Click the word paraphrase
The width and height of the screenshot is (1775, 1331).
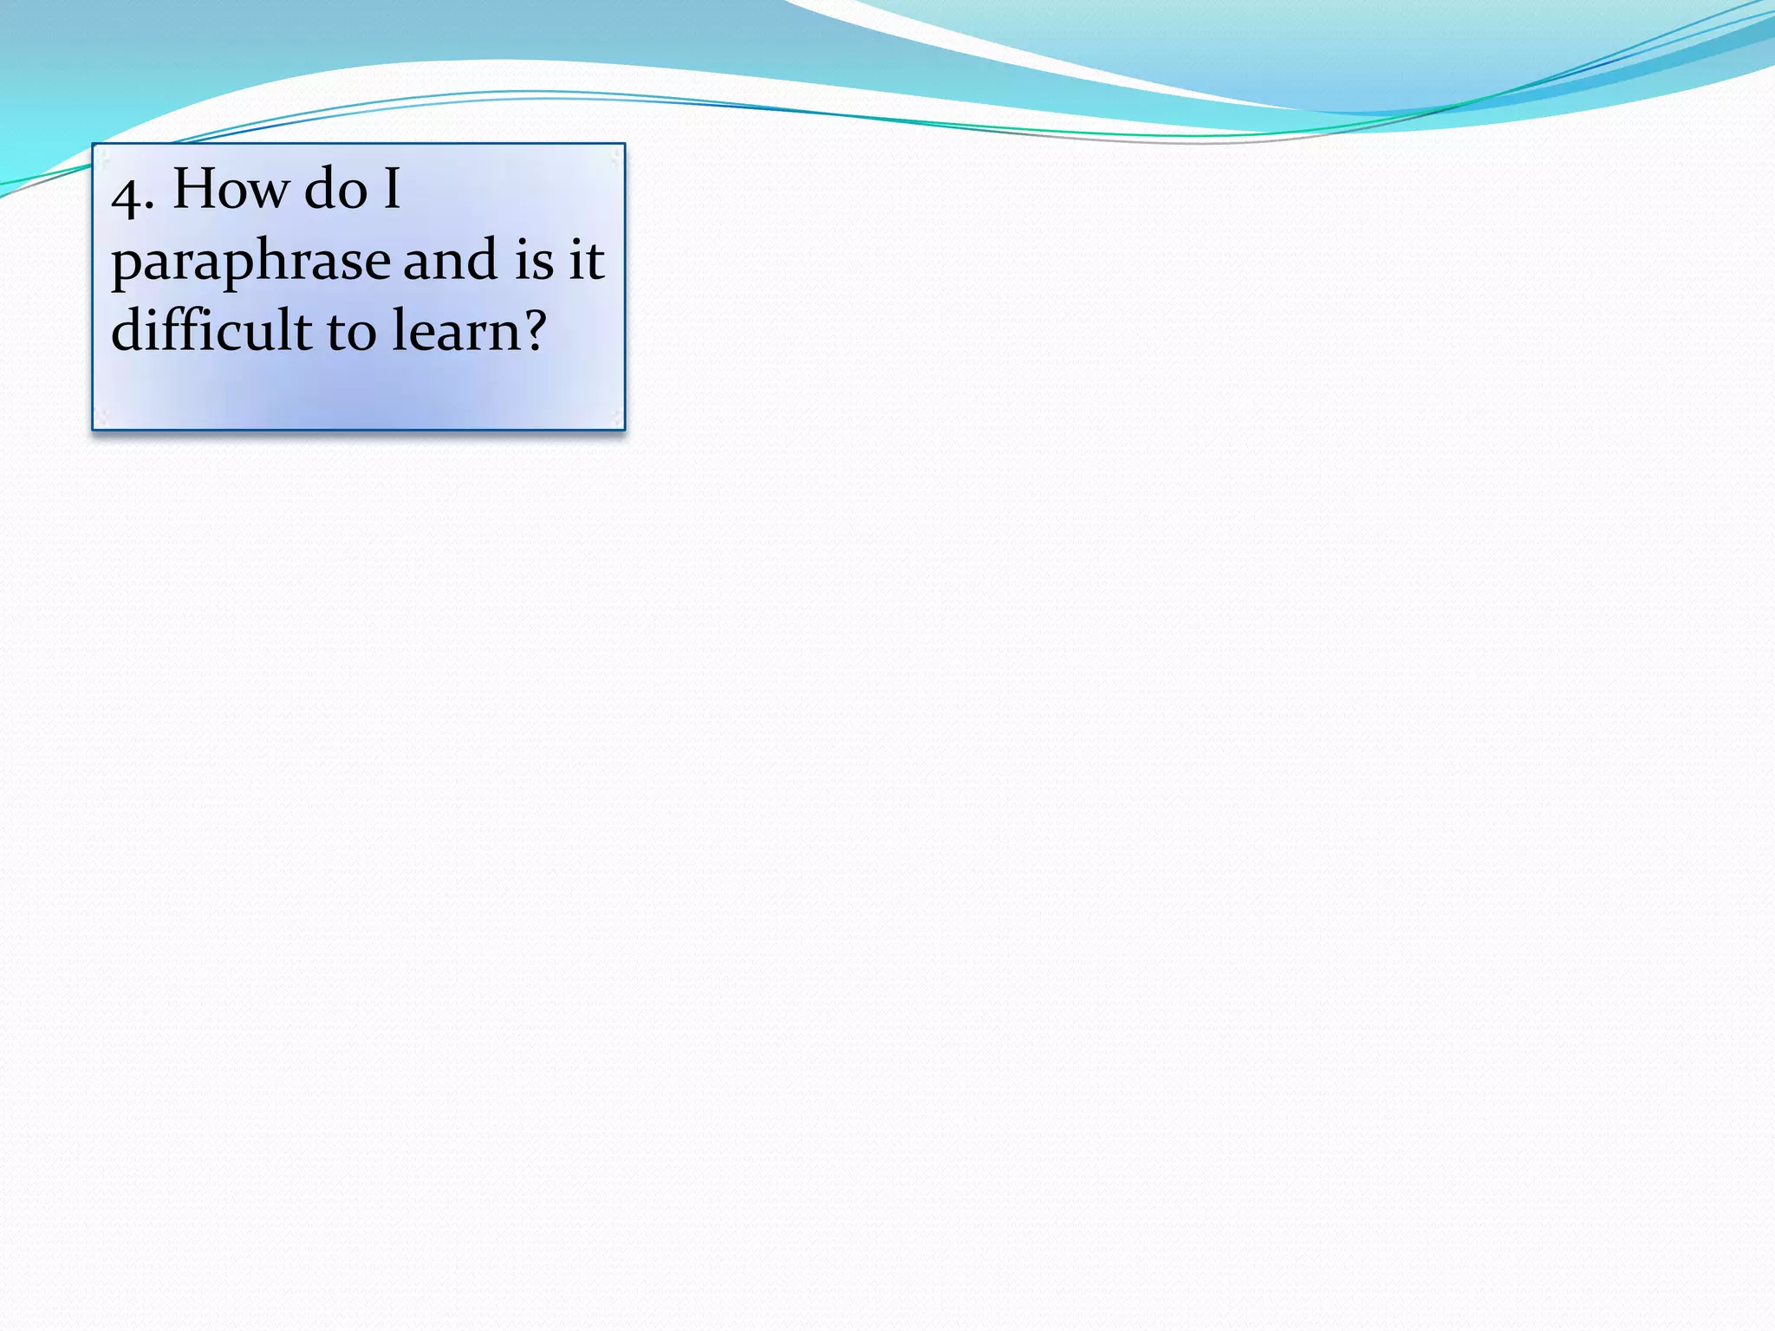point(250,263)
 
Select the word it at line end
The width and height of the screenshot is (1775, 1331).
point(586,259)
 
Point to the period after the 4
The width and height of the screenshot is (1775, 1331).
point(151,208)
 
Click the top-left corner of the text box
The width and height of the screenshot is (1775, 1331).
point(94,145)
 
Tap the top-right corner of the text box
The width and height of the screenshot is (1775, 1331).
point(624,145)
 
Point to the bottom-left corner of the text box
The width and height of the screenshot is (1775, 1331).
point(94,428)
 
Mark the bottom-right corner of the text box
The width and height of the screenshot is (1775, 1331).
point(624,428)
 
